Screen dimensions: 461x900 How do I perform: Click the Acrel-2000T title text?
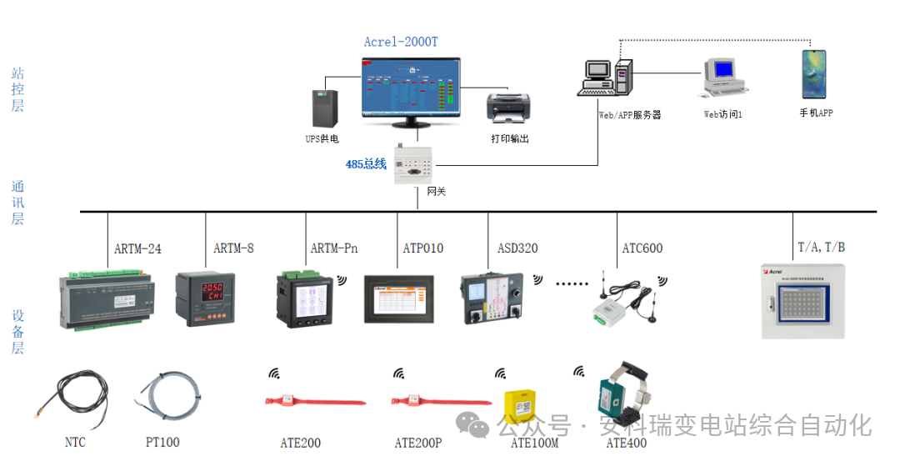pyautogui.click(x=401, y=43)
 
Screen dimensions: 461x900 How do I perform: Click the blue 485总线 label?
pyautogui.click(x=366, y=164)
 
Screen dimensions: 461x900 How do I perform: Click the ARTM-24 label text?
pyautogui.click(x=137, y=248)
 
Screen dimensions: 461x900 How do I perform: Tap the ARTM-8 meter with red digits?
pyautogui.click(x=204, y=298)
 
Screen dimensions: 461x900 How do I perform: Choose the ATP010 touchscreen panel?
pyautogui.click(x=398, y=298)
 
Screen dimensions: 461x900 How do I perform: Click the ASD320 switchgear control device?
pyautogui.click(x=491, y=298)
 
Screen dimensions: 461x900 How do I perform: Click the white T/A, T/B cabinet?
pyautogui.click(x=803, y=301)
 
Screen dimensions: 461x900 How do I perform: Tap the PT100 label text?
pyautogui.click(x=162, y=443)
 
